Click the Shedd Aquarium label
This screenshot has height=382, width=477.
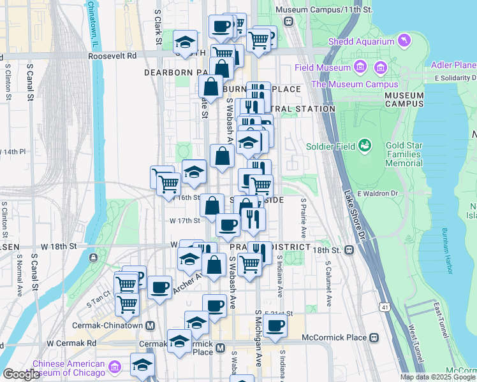click(362, 42)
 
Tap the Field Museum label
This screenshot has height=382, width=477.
click(324, 67)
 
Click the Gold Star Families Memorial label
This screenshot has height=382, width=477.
click(404, 154)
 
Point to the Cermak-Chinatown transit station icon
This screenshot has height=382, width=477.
click(150, 325)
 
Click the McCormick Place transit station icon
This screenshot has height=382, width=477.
click(376, 337)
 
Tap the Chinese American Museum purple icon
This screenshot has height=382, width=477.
click(115, 368)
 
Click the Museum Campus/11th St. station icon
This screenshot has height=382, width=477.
click(288, 21)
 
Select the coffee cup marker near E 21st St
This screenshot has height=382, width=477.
click(275, 326)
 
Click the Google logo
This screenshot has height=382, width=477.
click(21, 374)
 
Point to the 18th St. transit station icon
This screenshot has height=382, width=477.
click(349, 250)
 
